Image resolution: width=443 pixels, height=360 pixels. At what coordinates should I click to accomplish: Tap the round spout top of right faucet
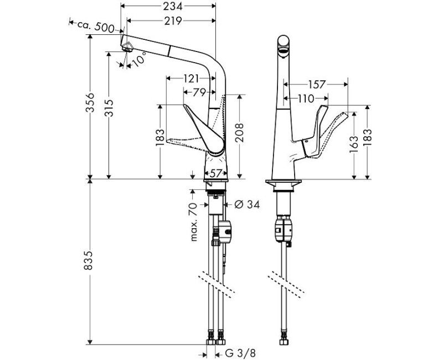click(x=283, y=43)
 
